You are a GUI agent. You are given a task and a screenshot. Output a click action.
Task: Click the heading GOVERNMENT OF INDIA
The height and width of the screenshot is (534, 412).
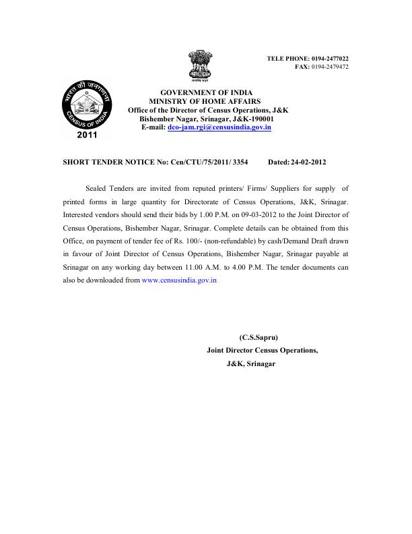199,92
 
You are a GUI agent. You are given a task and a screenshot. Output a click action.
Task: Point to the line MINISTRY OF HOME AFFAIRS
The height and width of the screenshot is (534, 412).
200,100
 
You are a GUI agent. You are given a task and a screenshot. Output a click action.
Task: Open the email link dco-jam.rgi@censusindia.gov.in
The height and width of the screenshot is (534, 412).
219,127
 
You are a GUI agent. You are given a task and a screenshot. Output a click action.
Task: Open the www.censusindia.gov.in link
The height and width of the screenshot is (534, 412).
180,280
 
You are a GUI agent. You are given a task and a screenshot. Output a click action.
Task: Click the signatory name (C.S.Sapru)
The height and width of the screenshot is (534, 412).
259,337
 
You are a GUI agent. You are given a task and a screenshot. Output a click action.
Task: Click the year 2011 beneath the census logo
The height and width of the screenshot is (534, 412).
87,135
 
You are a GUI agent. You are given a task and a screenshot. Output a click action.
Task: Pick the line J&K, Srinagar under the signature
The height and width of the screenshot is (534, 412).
251,363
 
